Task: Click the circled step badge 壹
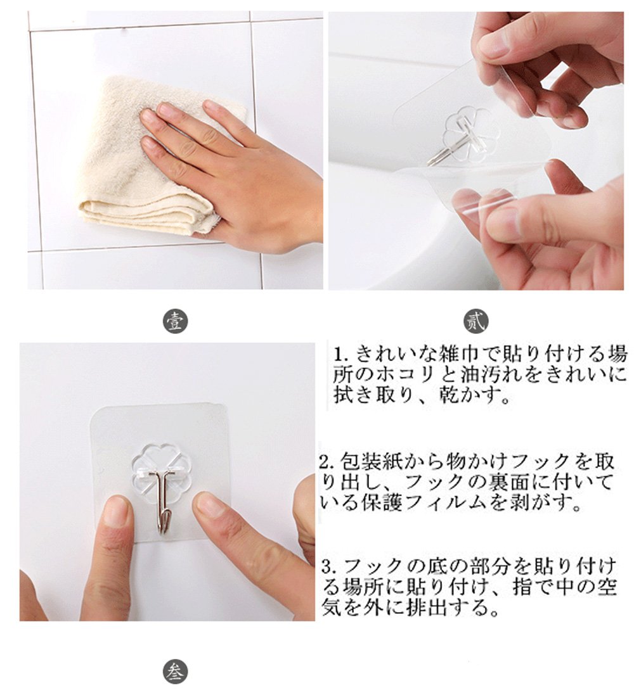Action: pos(175,321)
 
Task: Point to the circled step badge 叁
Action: pos(175,672)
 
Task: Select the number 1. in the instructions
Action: pos(342,355)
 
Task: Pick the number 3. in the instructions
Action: pos(330,568)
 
